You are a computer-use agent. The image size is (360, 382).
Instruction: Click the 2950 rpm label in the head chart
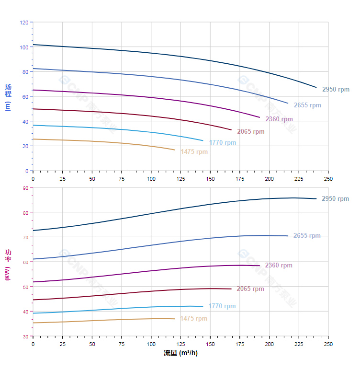point(336,90)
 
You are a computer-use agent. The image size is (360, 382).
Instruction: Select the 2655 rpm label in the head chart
point(307,105)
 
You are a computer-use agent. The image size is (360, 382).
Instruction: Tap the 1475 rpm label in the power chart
point(193,319)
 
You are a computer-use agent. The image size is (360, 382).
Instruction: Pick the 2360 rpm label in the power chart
point(279,266)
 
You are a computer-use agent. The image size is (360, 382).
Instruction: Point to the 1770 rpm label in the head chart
point(222,143)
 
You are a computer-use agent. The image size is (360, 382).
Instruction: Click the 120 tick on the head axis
point(24,23)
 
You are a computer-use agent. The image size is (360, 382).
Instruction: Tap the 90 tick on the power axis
point(25,188)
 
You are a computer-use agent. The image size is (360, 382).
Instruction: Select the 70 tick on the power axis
point(25,237)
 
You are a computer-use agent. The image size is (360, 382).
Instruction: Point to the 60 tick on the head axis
point(25,97)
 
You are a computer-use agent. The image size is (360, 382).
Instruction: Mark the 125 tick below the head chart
point(180,179)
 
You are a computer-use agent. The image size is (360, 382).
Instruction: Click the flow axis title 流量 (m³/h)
point(180,353)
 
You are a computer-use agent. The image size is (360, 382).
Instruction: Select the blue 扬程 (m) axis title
point(8,97)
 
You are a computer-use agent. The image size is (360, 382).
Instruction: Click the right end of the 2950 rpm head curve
point(316,87)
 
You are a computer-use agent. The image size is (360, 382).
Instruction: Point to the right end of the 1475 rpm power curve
point(174,319)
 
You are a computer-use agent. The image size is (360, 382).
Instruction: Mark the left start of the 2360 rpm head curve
point(33,90)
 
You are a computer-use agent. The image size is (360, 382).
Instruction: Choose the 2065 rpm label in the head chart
point(250,132)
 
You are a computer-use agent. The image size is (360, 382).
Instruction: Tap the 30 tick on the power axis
point(25,336)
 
